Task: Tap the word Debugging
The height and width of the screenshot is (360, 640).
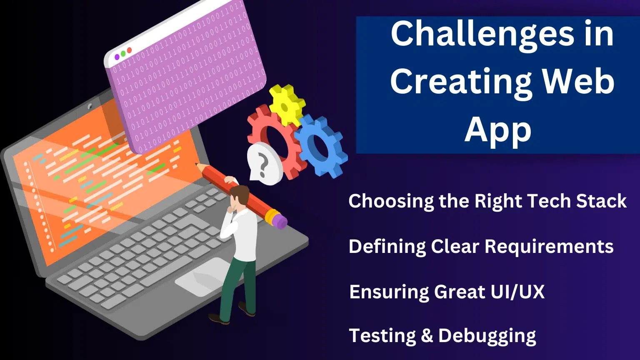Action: [x=487, y=337]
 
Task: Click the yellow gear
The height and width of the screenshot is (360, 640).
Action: [x=287, y=105]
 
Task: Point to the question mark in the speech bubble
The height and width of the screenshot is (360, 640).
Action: [x=263, y=165]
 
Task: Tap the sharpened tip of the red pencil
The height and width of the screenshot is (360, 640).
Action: [x=196, y=164]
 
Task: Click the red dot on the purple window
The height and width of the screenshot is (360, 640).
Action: [x=129, y=50]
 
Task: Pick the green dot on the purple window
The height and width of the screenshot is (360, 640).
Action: [x=123, y=53]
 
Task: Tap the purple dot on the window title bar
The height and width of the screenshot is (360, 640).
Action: [x=117, y=57]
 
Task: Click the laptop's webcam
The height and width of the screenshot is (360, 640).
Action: [x=90, y=106]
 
